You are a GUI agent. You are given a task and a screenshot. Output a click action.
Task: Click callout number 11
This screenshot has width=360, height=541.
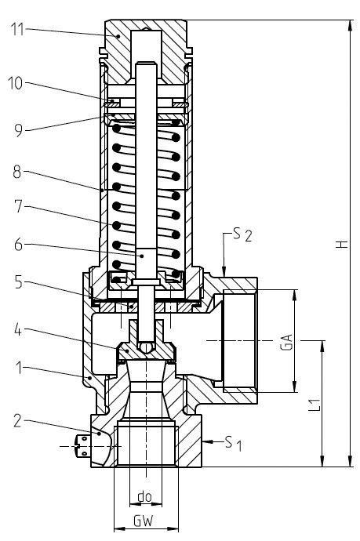(17, 29)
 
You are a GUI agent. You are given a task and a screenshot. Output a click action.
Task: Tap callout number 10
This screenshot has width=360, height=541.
(15, 83)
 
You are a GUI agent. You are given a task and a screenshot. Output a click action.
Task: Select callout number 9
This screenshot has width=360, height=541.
(19, 130)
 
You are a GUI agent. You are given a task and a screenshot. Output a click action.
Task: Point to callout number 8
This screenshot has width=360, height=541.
(17, 172)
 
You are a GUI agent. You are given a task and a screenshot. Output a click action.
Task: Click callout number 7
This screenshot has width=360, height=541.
(19, 207)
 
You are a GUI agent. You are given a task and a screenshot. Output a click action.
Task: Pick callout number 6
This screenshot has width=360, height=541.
(19, 245)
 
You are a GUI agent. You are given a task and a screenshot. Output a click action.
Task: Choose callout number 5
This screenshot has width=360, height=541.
(19, 282)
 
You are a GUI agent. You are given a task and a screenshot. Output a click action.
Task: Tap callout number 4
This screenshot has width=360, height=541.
(18, 330)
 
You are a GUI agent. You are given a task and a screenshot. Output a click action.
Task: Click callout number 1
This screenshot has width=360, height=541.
(20, 368)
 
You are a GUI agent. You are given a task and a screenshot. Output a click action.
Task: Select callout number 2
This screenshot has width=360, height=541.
(18, 421)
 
